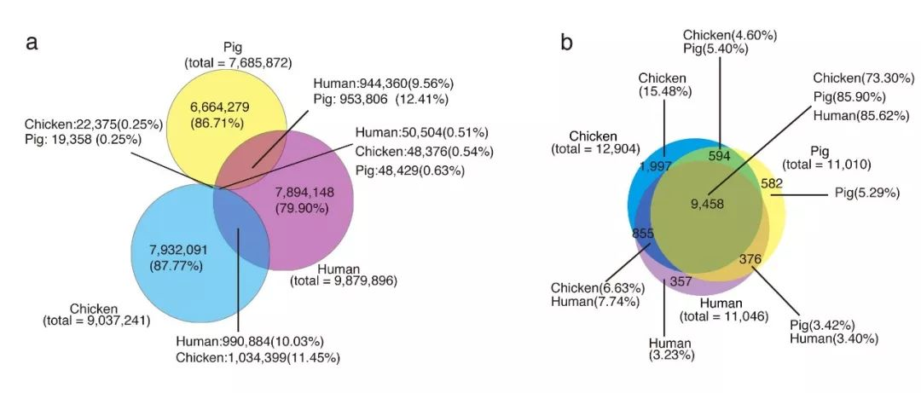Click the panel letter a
tap(32, 43)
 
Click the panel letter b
tap(566, 43)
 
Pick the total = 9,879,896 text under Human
tap(344, 280)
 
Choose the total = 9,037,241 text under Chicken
tap(96, 321)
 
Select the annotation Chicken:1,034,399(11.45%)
tap(258, 358)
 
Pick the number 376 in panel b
tap(745, 260)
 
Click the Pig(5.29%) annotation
tap(866, 194)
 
